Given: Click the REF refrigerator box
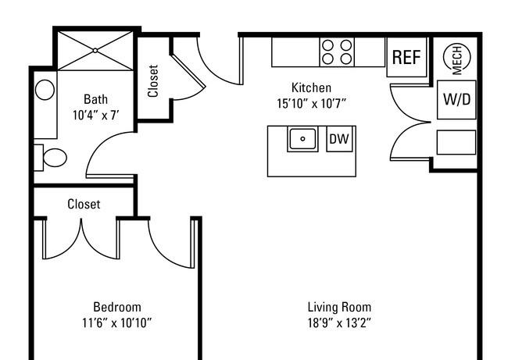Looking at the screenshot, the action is [x=406, y=57].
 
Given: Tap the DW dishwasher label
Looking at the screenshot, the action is [x=339, y=139].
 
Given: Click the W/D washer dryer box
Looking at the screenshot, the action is [x=457, y=100].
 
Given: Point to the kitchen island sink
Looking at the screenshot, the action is [x=302, y=139].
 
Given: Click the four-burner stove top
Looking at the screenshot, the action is [x=337, y=52].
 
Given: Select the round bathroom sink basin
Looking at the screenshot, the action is [x=45, y=90].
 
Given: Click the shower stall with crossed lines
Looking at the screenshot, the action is [x=95, y=51].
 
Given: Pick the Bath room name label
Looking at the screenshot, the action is [x=95, y=99].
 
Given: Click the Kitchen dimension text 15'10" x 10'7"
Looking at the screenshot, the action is [x=311, y=104].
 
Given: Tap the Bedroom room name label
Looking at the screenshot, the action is [x=117, y=307].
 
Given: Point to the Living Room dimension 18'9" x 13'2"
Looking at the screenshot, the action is [x=339, y=323].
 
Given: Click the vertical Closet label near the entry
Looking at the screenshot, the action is [x=153, y=81].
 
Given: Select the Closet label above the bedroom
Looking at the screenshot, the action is [x=84, y=204].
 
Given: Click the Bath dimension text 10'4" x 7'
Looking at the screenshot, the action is [x=95, y=116].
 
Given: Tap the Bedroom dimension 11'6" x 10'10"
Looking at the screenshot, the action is [x=117, y=323].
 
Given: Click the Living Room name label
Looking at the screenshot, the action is [x=339, y=307].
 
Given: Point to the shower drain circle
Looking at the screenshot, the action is [x=95, y=51].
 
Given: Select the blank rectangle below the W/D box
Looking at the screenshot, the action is [x=456, y=142].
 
